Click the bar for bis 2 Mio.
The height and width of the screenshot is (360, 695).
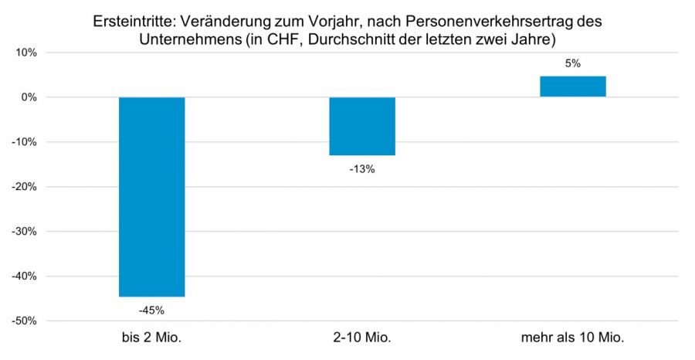click(152, 197)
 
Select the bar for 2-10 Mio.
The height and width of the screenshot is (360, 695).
click(362, 126)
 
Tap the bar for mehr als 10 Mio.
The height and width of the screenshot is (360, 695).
click(573, 87)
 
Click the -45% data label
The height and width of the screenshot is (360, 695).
click(152, 311)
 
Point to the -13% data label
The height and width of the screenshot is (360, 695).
click(362, 169)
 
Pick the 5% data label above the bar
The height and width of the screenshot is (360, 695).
click(573, 64)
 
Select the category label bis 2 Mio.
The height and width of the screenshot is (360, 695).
click(152, 337)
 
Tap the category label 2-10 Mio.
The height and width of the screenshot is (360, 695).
click(362, 337)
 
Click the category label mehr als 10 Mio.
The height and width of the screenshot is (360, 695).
click(573, 337)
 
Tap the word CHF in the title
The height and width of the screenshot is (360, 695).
click(271, 39)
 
